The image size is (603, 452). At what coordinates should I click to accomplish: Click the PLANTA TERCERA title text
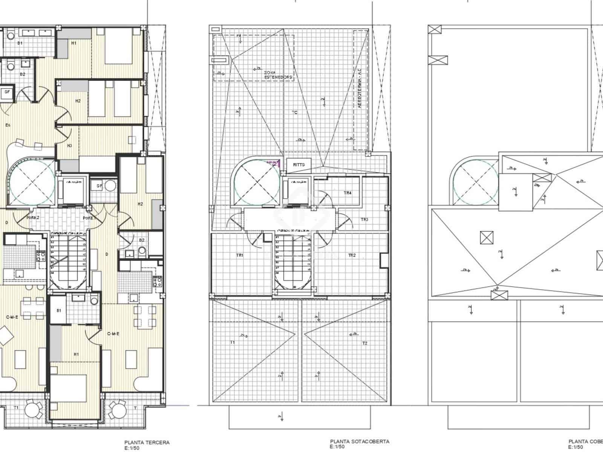pyautogui.click(x=147, y=443)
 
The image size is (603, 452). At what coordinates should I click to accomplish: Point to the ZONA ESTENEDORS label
pyautogui.click(x=278, y=75)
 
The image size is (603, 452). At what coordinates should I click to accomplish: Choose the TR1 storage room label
pyautogui.click(x=240, y=255)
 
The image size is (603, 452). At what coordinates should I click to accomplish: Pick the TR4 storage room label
pyautogui.click(x=347, y=193)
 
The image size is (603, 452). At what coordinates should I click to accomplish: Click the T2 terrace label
pyautogui.click(x=364, y=343)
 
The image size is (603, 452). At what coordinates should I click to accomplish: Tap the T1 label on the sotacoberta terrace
pyautogui.click(x=233, y=342)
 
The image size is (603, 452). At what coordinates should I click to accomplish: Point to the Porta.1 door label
pyautogui.click(x=89, y=218)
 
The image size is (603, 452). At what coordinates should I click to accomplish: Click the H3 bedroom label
pyautogui.click(x=69, y=146)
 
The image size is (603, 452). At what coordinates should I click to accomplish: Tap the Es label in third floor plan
pyautogui.click(x=8, y=125)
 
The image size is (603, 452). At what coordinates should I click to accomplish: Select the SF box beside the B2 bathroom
pyautogui.click(x=7, y=92)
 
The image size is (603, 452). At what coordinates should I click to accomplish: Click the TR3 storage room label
pyautogui.click(x=364, y=220)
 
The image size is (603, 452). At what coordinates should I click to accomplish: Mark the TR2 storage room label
pyautogui.click(x=352, y=255)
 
